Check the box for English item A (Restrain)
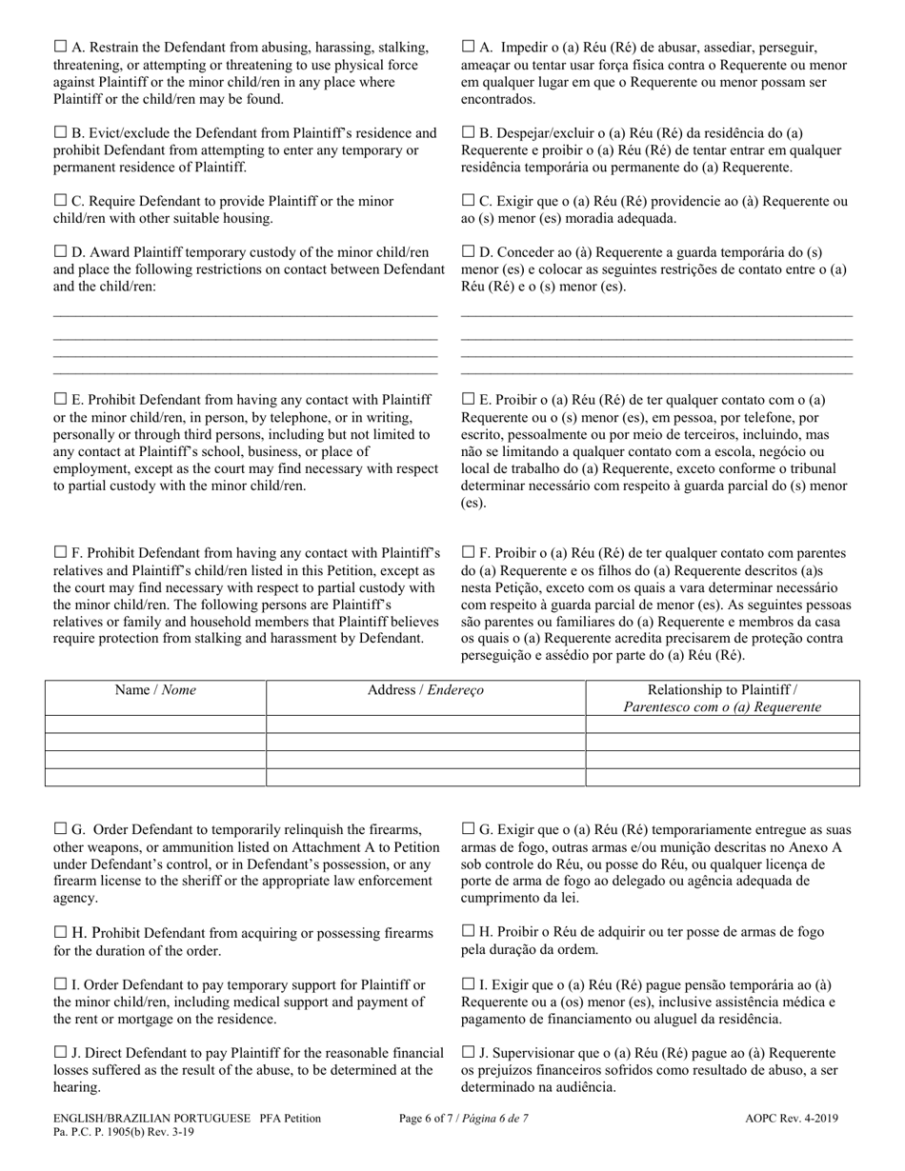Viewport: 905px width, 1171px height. click(x=61, y=45)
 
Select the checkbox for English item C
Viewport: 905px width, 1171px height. click(x=61, y=201)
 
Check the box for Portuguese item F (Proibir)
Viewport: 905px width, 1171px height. click(x=468, y=552)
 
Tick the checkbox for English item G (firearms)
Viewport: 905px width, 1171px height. click(x=61, y=829)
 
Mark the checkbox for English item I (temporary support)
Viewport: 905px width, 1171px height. click(x=61, y=983)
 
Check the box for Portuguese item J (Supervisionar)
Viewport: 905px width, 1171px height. click(x=468, y=1052)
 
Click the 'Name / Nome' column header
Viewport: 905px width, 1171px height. click(x=155, y=690)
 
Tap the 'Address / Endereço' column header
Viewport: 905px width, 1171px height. click(x=425, y=690)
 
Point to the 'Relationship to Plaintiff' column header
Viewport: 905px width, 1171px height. click(x=722, y=689)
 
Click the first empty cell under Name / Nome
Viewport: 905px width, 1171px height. click(x=155, y=724)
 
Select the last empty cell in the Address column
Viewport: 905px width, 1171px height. click(x=425, y=776)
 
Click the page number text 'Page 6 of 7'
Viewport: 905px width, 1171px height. click(x=464, y=1120)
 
